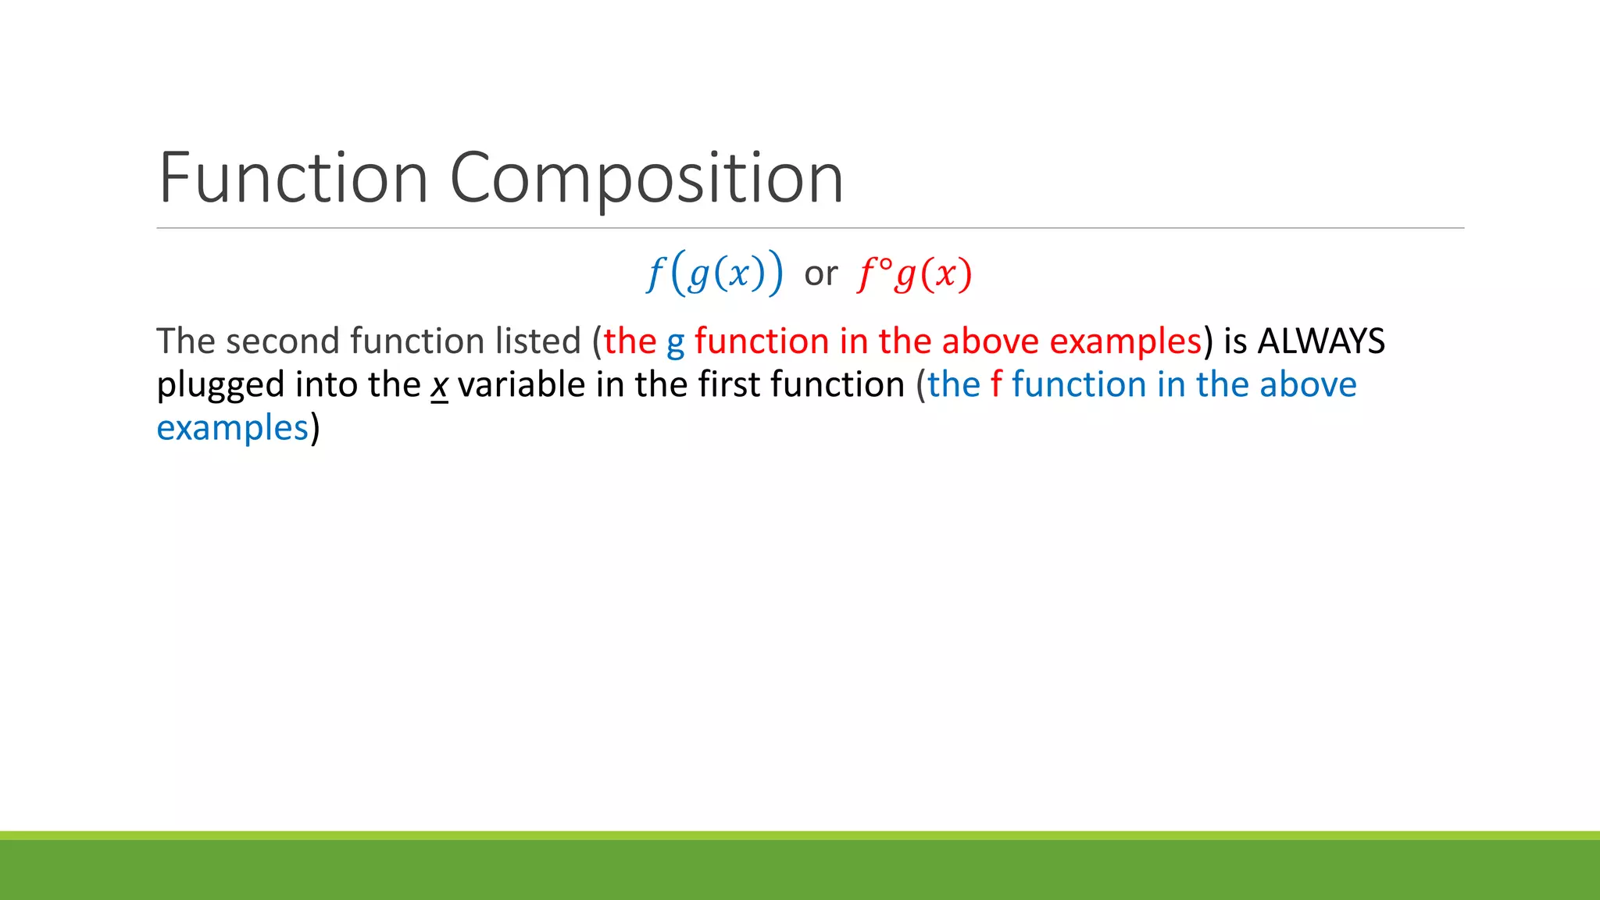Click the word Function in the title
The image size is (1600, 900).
pos(293,178)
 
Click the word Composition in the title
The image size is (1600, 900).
pos(646,178)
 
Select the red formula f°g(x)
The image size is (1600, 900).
pos(915,273)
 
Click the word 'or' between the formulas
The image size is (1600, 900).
pos(820,273)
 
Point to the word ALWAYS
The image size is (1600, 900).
pos(1321,341)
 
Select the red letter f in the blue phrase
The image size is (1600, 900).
pos(995,384)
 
